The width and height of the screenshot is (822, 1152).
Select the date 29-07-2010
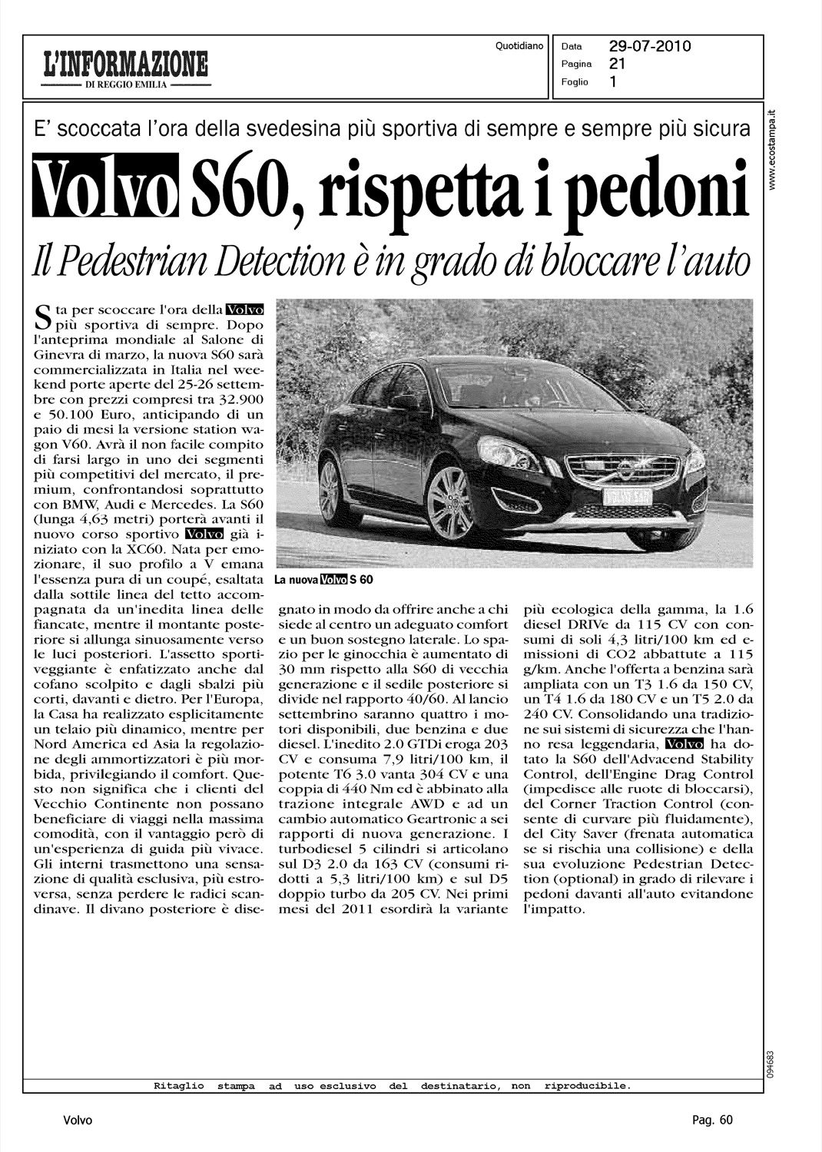coord(650,46)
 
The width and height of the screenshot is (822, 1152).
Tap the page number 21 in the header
coord(618,64)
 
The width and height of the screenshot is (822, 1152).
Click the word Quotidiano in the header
coord(519,46)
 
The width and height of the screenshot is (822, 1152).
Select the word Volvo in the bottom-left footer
coord(78,1121)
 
